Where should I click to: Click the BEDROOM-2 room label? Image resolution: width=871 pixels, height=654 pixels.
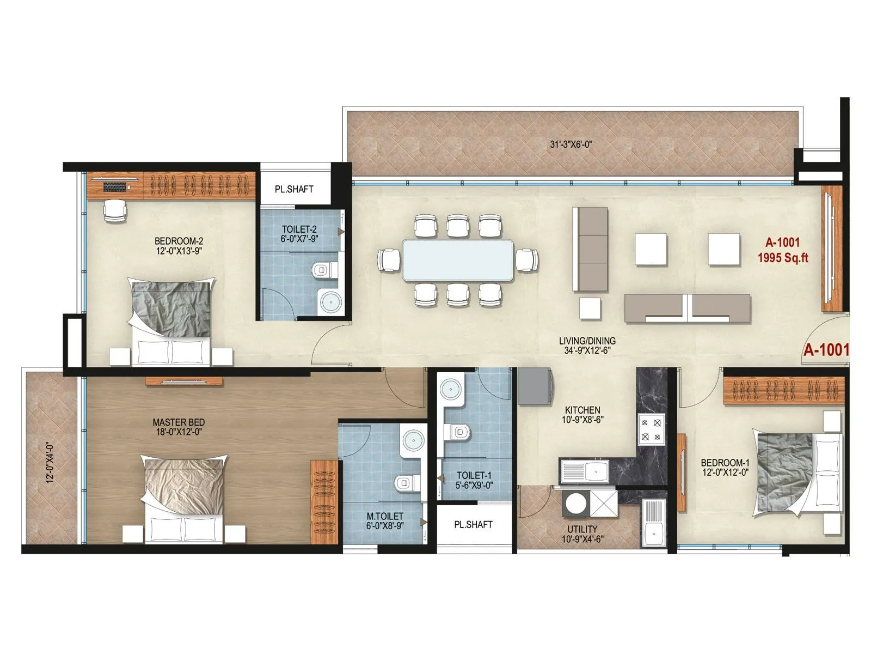179,241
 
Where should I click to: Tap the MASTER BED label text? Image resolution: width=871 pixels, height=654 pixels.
179,422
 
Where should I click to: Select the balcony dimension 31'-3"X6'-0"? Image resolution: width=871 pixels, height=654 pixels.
571,144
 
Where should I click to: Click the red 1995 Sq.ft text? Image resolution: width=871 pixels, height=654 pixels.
783,258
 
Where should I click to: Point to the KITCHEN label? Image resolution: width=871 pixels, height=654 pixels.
582,410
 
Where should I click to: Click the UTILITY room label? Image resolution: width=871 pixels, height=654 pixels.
582,529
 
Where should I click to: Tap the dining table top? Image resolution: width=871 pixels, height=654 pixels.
457,260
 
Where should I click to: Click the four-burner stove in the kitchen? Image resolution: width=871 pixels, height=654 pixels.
652,429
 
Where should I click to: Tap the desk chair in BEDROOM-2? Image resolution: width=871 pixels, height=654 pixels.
115,211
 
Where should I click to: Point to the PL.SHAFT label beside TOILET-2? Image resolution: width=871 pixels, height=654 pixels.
294,189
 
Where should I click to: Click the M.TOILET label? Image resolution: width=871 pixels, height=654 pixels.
385,516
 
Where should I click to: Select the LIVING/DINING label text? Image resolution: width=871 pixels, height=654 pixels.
587,341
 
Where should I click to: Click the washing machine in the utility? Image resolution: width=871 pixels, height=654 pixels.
575,503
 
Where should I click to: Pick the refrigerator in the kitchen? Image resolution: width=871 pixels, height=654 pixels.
535,386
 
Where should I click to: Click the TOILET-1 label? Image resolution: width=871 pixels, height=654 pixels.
474,475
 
